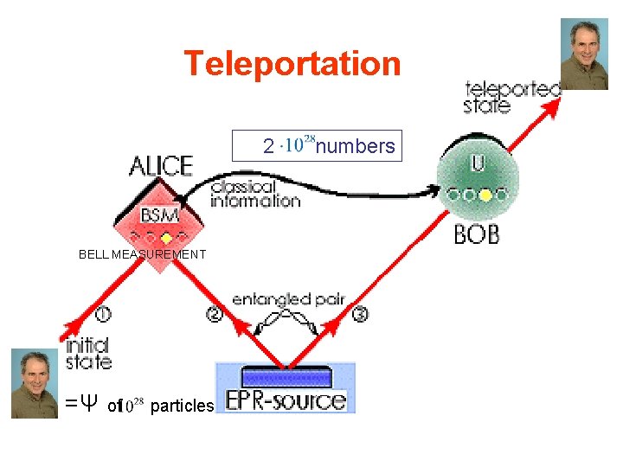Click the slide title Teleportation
click(x=292, y=64)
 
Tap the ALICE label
click(x=161, y=165)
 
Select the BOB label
click(x=477, y=233)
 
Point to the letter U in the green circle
click(x=478, y=163)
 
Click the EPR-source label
click(x=286, y=400)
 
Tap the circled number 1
click(x=103, y=313)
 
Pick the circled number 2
click(x=214, y=314)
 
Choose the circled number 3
click(x=360, y=314)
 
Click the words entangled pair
click(x=288, y=299)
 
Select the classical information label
click(x=255, y=194)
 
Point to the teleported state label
click(x=512, y=96)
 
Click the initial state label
click(x=88, y=354)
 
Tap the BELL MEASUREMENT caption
click(x=142, y=254)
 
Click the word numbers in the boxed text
click(x=355, y=147)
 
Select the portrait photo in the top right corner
click(x=584, y=54)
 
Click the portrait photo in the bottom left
click(x=35, y=383)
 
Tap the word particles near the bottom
click(x=181, y=406)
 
